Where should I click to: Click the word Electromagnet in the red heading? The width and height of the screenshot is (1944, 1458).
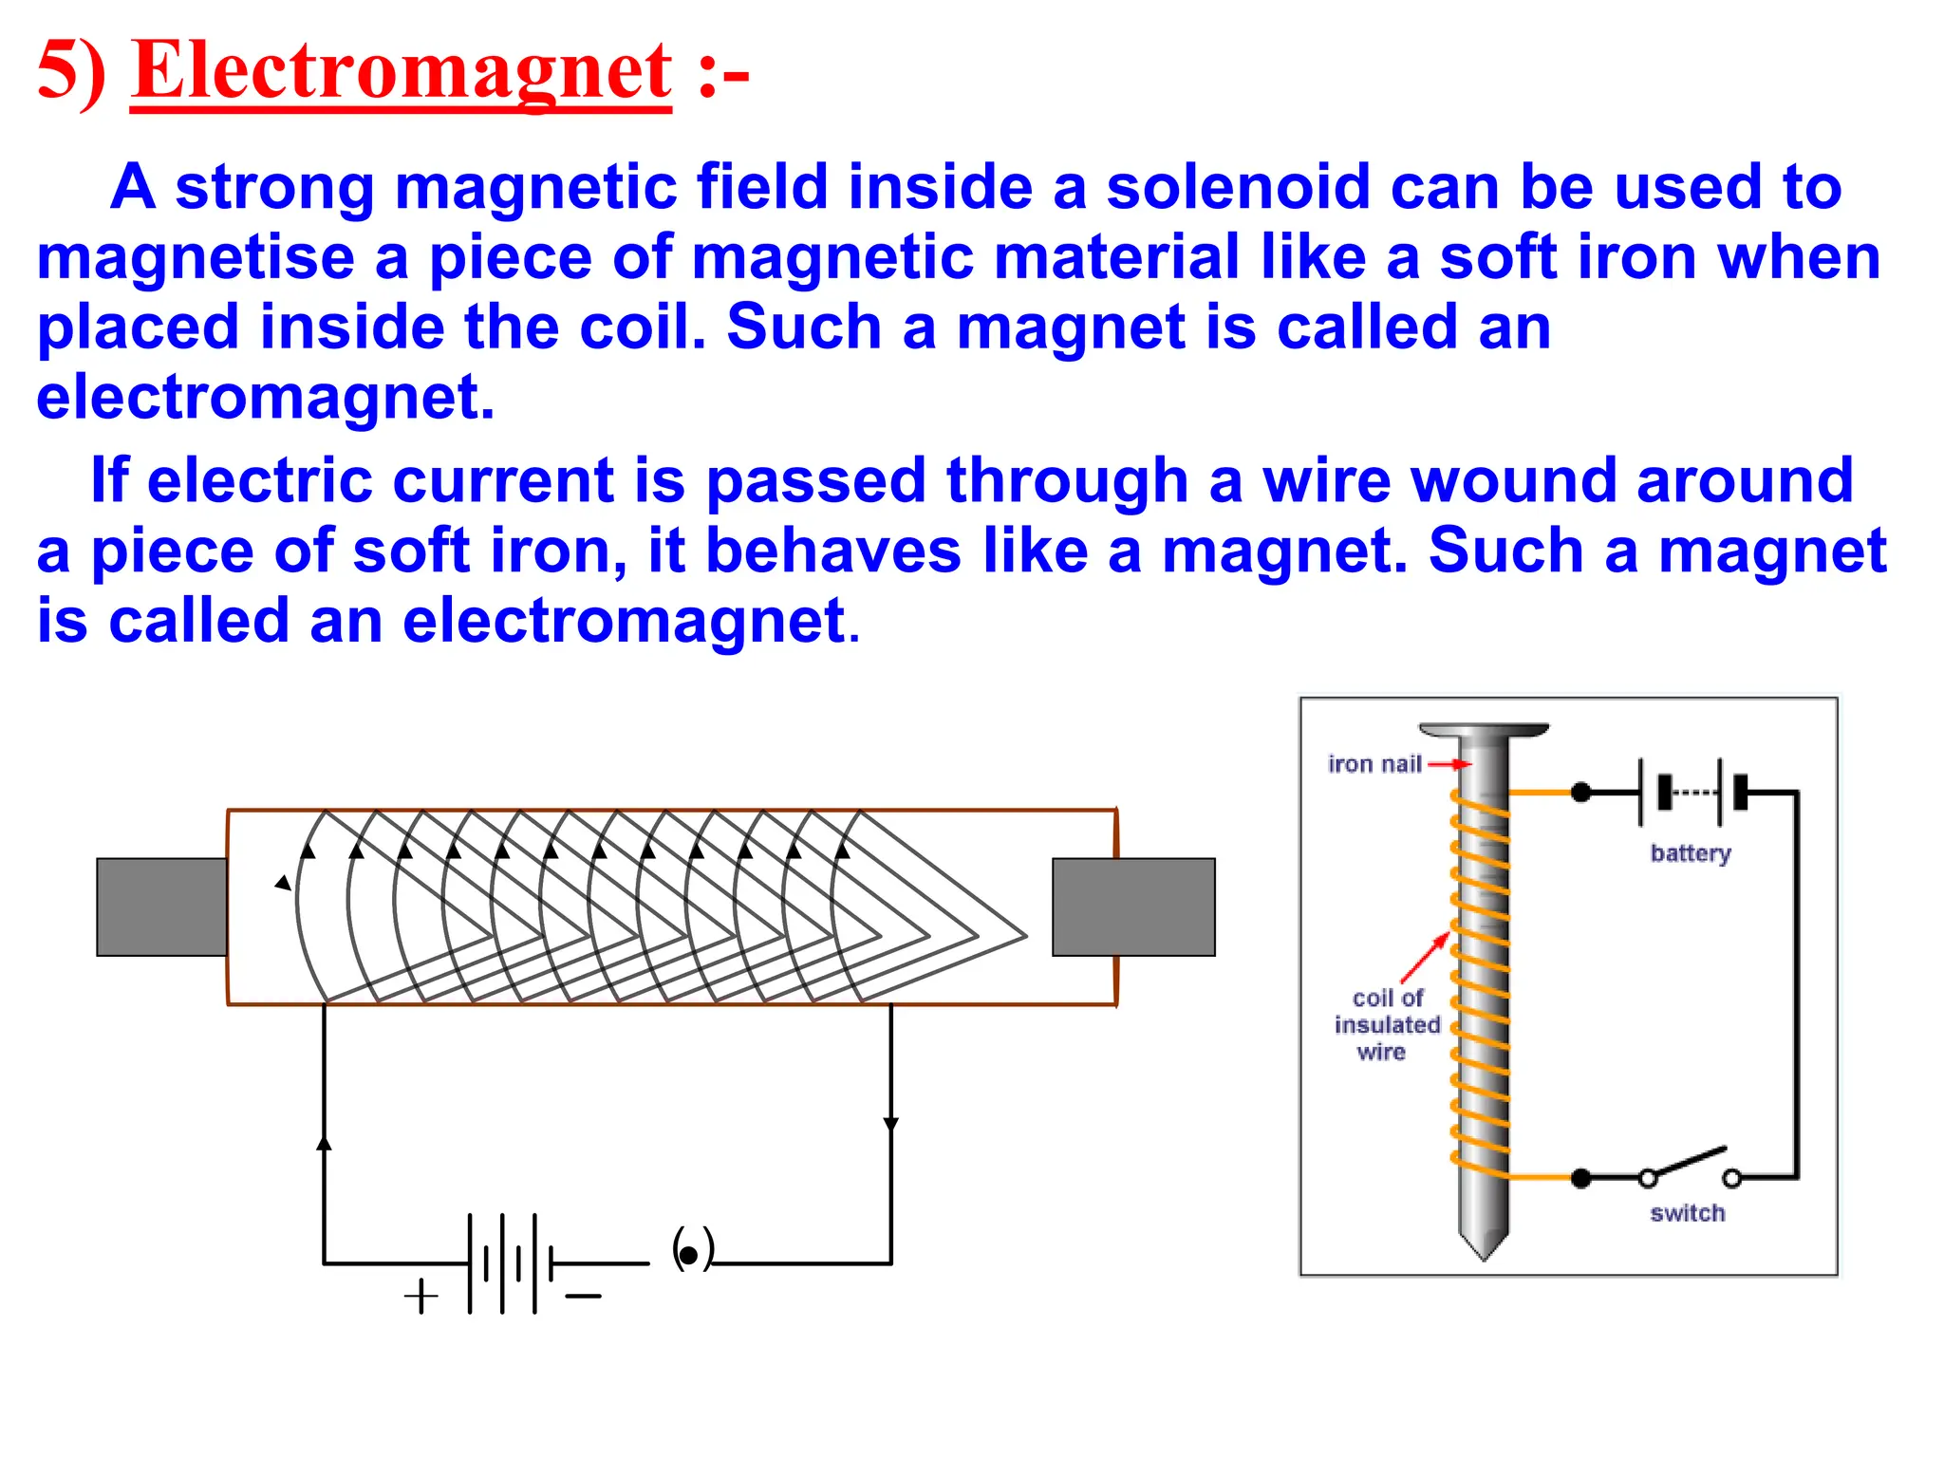(401, 71)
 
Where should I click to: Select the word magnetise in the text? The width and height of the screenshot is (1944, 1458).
(195, 258)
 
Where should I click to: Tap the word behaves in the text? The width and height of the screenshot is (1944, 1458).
(833, 551)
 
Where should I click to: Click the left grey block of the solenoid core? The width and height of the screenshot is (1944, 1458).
(161, 907)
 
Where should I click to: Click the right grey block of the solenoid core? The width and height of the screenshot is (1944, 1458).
(1133, 907)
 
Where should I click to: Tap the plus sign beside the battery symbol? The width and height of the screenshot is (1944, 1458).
(421, 1296)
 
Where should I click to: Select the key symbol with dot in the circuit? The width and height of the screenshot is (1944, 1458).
(691, 1251)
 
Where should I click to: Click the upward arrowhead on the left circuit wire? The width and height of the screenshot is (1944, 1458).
(325, 1142)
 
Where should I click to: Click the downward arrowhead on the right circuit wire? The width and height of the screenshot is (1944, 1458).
(890, 1125)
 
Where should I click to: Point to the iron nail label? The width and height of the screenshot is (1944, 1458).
(1374, 764)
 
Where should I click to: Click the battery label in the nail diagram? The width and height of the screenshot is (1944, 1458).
(1690, 852)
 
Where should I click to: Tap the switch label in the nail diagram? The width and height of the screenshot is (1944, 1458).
(1687, 1213)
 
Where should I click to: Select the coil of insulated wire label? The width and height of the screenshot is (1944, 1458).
(1386, 1025)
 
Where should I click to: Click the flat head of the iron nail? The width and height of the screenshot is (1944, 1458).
(1483, 730)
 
